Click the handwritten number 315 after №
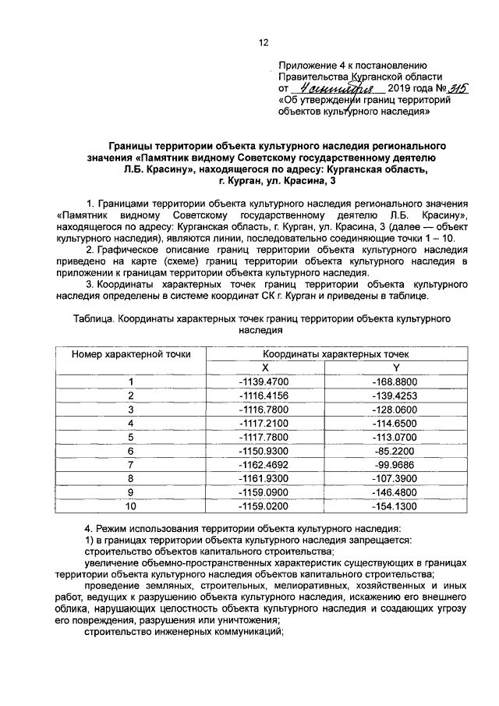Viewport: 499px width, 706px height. (x=451, y=89)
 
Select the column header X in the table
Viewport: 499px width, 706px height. (x=264, y=367)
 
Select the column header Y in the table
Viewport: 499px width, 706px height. (x=395, y=367)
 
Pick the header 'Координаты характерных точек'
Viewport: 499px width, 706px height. (x=330, y=354)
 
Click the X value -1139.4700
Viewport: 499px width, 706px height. (x=264, y=381)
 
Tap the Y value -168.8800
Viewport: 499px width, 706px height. (x=395, y=381)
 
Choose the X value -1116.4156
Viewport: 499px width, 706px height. (x=264, y=396)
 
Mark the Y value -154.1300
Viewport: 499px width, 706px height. (x=395, y=507)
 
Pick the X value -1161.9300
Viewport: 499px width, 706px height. (x=264, y=479)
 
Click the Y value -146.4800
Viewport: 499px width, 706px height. (x=395, y=493)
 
